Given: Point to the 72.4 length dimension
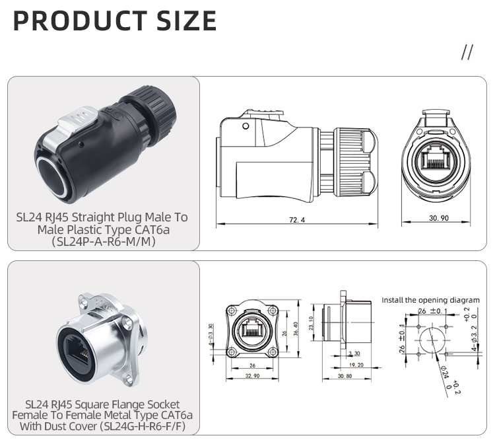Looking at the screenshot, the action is [x=297, y=220].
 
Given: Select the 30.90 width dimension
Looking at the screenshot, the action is [x=438, y=218].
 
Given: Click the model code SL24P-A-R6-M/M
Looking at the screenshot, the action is [x=104, y=242].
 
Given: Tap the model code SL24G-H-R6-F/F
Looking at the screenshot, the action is [x=142, y=426].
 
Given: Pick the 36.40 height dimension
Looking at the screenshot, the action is [x=296, y=329].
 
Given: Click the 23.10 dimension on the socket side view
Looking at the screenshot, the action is [x=312, y=323].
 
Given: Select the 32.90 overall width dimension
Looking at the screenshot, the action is [x=252, y=376].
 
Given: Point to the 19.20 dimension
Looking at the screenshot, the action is [x=356, y=365].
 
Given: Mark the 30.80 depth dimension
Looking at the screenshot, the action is [x=345, y=376].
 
